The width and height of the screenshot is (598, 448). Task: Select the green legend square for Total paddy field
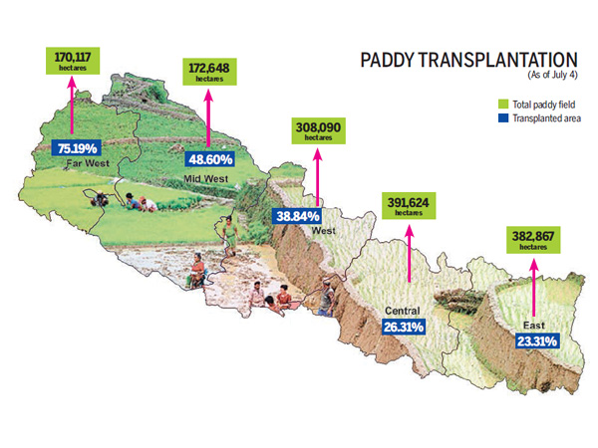(x=504, y=103)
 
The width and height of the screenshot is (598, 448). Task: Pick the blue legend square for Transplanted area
(x=504, y=117)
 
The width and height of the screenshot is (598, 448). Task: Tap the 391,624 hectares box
(x=409, y=206)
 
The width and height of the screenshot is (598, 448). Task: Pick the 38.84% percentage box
(x=296, y=216)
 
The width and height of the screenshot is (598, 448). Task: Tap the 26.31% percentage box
(x=405, y=326)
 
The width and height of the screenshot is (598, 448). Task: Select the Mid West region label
(x=206, y=178)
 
